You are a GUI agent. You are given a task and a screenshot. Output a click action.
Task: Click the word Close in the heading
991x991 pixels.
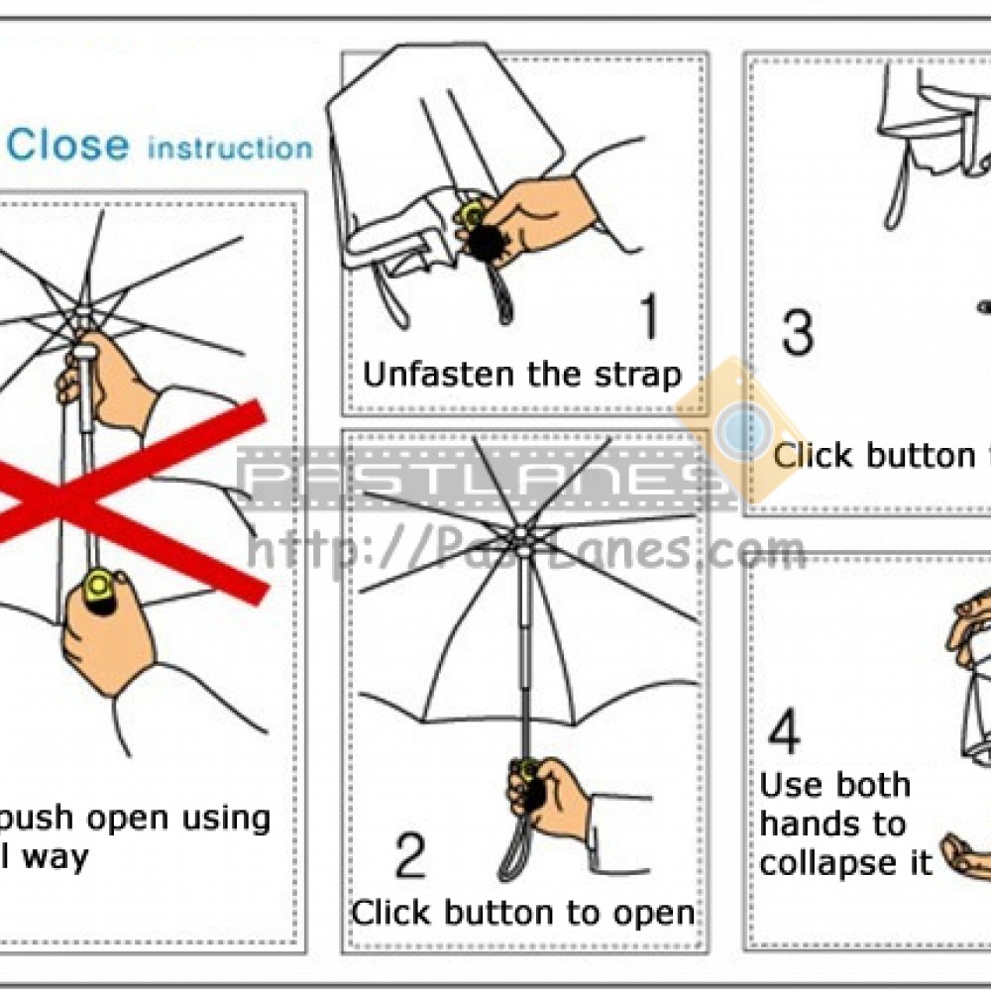68,146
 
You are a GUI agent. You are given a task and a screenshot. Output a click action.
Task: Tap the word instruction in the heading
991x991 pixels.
229,149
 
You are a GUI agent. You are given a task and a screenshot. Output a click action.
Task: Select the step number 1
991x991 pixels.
648,319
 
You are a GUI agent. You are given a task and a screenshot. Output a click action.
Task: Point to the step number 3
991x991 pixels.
798,332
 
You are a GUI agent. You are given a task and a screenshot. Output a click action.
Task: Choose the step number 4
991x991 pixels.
784,734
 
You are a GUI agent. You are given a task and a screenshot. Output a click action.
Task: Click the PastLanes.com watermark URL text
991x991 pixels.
525,551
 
